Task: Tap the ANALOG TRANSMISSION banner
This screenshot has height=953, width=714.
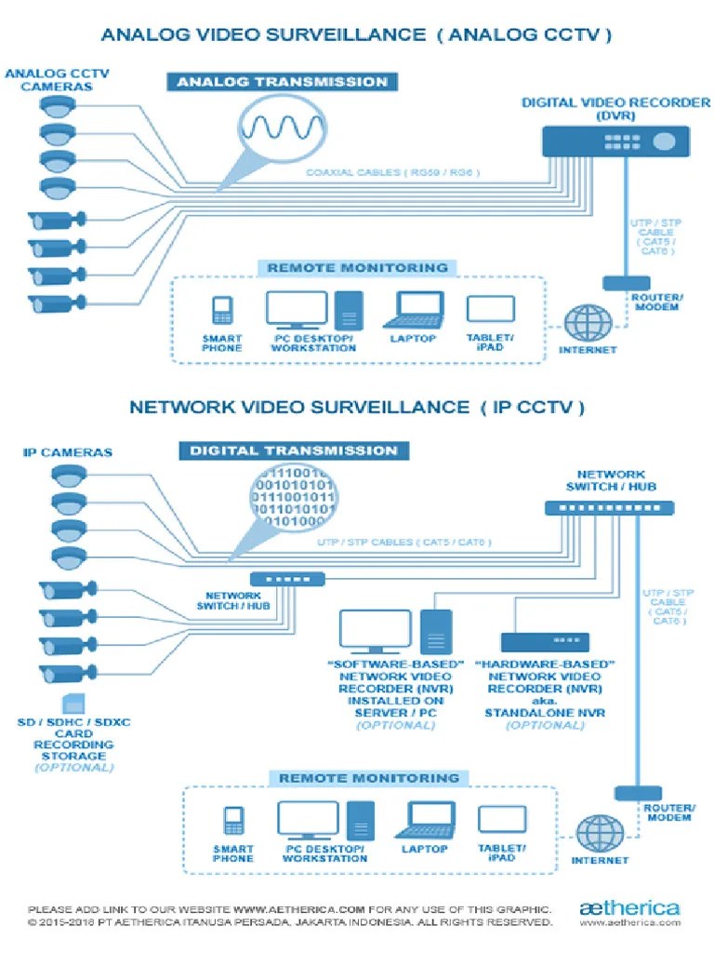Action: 282,82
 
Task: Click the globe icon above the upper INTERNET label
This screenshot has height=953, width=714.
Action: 588,323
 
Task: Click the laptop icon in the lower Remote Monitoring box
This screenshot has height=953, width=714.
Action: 424,820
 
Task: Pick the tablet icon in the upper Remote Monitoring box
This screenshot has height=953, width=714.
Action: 490,310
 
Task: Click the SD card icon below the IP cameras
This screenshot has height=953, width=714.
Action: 70,705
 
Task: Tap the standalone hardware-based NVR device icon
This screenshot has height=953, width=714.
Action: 545,641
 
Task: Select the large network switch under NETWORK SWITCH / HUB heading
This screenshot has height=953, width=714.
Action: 609,508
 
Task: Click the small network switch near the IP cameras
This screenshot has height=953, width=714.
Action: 287,578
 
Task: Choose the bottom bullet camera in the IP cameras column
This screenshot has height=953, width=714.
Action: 66,674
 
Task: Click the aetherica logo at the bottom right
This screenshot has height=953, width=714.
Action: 629,907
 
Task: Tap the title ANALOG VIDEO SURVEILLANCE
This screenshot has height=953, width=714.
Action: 262,35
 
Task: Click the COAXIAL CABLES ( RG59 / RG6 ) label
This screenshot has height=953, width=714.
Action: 390,173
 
